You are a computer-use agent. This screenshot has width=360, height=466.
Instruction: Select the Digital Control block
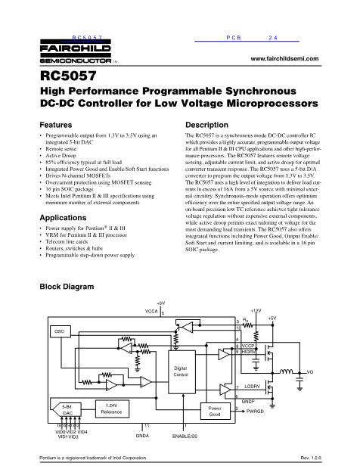pyautogui.click(x=180, y=370)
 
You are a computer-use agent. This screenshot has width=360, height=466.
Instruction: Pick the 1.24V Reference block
pyautogui.click(x=112, y=409)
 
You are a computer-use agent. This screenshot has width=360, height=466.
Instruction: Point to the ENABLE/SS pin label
pyautogui.click(x=185, y=437)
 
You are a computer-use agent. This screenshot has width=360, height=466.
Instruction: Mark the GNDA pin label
pyautogui.click(x=142, y=437)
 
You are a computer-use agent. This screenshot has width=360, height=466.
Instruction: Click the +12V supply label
pyautogui.click(x=256, y=311)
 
